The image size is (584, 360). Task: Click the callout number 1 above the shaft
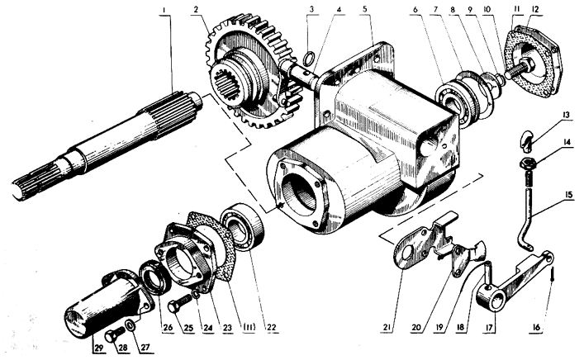pos(164,10)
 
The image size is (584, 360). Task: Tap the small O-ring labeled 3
pos(309,58)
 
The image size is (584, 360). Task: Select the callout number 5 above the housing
pos(365,9)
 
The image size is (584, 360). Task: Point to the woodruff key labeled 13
pos(525,141)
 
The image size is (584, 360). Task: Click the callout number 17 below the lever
pos(489,329)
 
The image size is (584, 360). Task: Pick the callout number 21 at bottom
pos(387,327)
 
